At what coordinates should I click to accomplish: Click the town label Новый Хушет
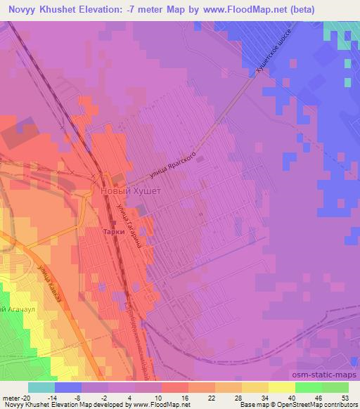click(x=131, y=191)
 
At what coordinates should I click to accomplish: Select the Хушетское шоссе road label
click(x=277, y=52)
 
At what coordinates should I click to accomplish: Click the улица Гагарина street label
click(x=131, y=232)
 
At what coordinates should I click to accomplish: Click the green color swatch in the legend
click(x=307, y=387)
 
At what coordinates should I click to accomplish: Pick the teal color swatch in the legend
click(x=41, y=387)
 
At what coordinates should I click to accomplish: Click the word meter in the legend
click(x=9, y=397)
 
